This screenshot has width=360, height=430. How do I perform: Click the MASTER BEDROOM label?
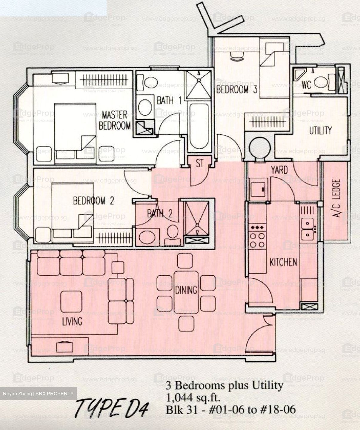pos(115,120)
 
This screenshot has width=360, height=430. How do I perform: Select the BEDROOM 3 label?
pos(237,89)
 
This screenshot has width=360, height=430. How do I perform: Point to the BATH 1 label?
pos(169,100)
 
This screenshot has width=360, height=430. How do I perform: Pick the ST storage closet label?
pos(200,163)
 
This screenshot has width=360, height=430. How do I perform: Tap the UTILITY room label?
pos(320,130)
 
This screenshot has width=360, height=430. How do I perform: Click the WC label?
pos(306,85)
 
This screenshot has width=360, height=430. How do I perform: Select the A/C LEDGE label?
pos(336,198)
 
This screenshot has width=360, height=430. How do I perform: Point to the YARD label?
pos(279,170)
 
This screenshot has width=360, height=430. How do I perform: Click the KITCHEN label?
pos(283,262)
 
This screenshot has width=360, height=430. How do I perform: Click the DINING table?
pos(186,289)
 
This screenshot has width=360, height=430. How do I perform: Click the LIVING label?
pos(72,321)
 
